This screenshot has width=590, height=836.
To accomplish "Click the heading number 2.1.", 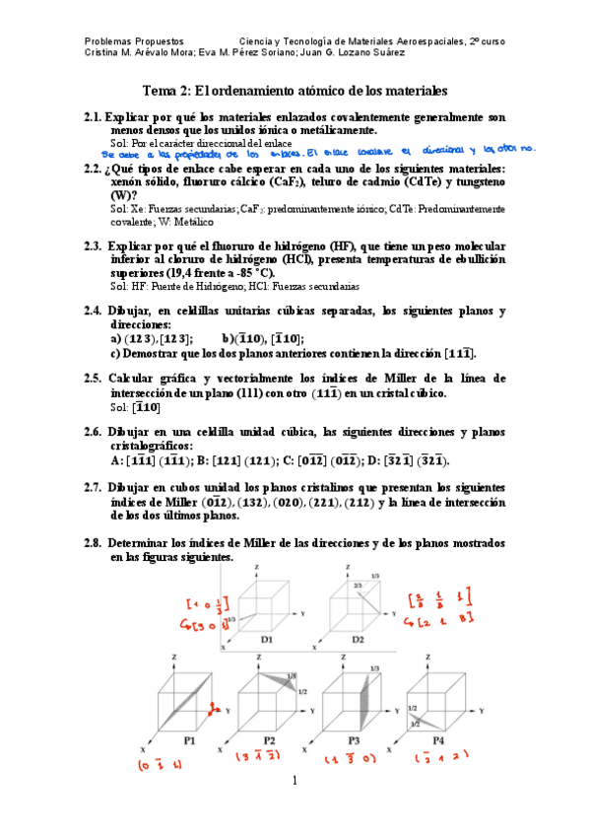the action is (x=96, y=115).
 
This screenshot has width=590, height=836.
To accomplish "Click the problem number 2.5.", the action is (x=96, y=378).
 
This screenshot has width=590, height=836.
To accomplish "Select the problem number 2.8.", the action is (x=96, y=544).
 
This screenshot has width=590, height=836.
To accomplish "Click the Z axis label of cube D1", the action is (x=257, y=569).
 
